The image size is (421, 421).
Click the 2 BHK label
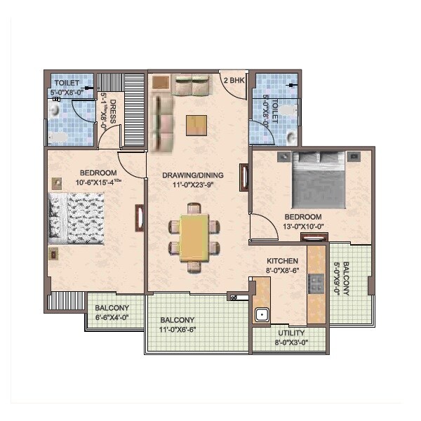pos(233,81)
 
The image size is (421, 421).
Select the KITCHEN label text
pos(283,261)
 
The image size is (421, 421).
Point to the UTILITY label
pos(290,333)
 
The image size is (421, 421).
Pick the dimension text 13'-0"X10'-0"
pos(303,226)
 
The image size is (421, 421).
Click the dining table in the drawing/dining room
pos(194,236)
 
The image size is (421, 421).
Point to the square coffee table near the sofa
pos(197,124)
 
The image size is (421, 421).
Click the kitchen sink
pos(262,314)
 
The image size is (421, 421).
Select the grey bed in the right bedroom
pos(320,180)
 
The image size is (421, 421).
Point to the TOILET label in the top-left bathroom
pos(65,83)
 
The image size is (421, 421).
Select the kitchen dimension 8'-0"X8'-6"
pos(283,270)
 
